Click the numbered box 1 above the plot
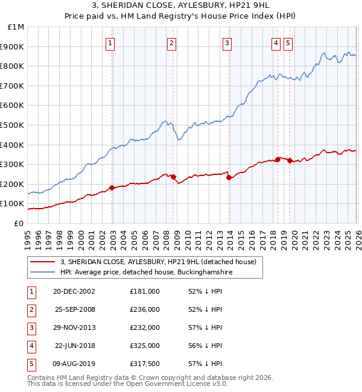tap(112, 43)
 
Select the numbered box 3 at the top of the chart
tap(227, 43)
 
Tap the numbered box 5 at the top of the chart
tap(288, 43)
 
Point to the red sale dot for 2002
tap(112, 188)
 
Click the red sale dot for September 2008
tap(173, 177)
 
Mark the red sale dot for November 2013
tap(229, 177)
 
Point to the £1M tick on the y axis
tap(16, 27)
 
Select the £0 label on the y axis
tap(19, 223)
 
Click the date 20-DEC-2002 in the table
tap(74, 291)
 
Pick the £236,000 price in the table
tap(145, 309)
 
